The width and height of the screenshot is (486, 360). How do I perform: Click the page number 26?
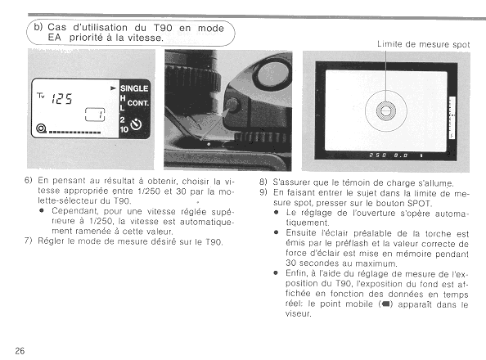pos(20,351)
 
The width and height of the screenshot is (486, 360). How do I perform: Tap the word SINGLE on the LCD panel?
pos(134,88)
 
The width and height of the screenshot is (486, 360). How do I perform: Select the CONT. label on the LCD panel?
pos(138,103)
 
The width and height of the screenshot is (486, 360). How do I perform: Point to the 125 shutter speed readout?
pos(61,99)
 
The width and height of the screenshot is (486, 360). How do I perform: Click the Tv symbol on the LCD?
pos(41,96)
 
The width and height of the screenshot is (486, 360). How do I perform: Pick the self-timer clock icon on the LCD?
pos(136,124)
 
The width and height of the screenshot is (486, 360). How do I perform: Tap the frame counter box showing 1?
pos(95,115)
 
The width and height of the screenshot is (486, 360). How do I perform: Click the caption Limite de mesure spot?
pos(423,44)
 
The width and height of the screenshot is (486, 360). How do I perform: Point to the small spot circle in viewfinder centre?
pos(386,110)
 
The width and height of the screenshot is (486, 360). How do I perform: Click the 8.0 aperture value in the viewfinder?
pos(401,155)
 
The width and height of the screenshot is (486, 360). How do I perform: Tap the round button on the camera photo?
pos(232,105)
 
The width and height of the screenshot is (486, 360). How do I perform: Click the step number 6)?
pos(28,180)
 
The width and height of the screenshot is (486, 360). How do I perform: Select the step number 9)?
pos(263,192)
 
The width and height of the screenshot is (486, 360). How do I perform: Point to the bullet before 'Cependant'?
pos(41,211)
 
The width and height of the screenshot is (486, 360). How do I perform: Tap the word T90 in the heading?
pos(163,28)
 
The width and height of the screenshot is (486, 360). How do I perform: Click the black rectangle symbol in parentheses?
pos(385,304)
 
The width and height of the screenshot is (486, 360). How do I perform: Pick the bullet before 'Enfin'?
pos(276,273)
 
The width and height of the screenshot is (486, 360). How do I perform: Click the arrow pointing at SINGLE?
pos(114,88)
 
